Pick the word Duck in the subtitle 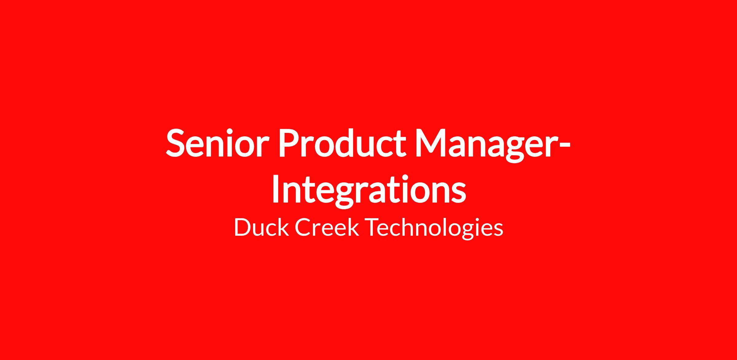(261, 227)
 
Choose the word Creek (327, 227)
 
